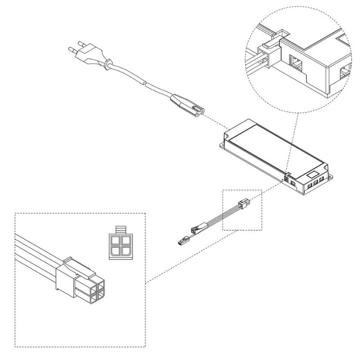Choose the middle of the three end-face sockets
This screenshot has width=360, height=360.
[x=316, y=182]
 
